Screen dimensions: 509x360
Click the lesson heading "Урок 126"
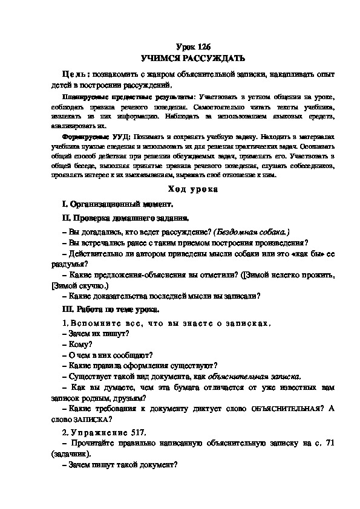tap(192, 47)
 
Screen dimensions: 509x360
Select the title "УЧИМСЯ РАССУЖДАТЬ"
tap(192, 59)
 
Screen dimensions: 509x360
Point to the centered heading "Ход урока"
tap(192, 190)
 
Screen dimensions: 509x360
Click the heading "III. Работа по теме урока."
tap(111, 310)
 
